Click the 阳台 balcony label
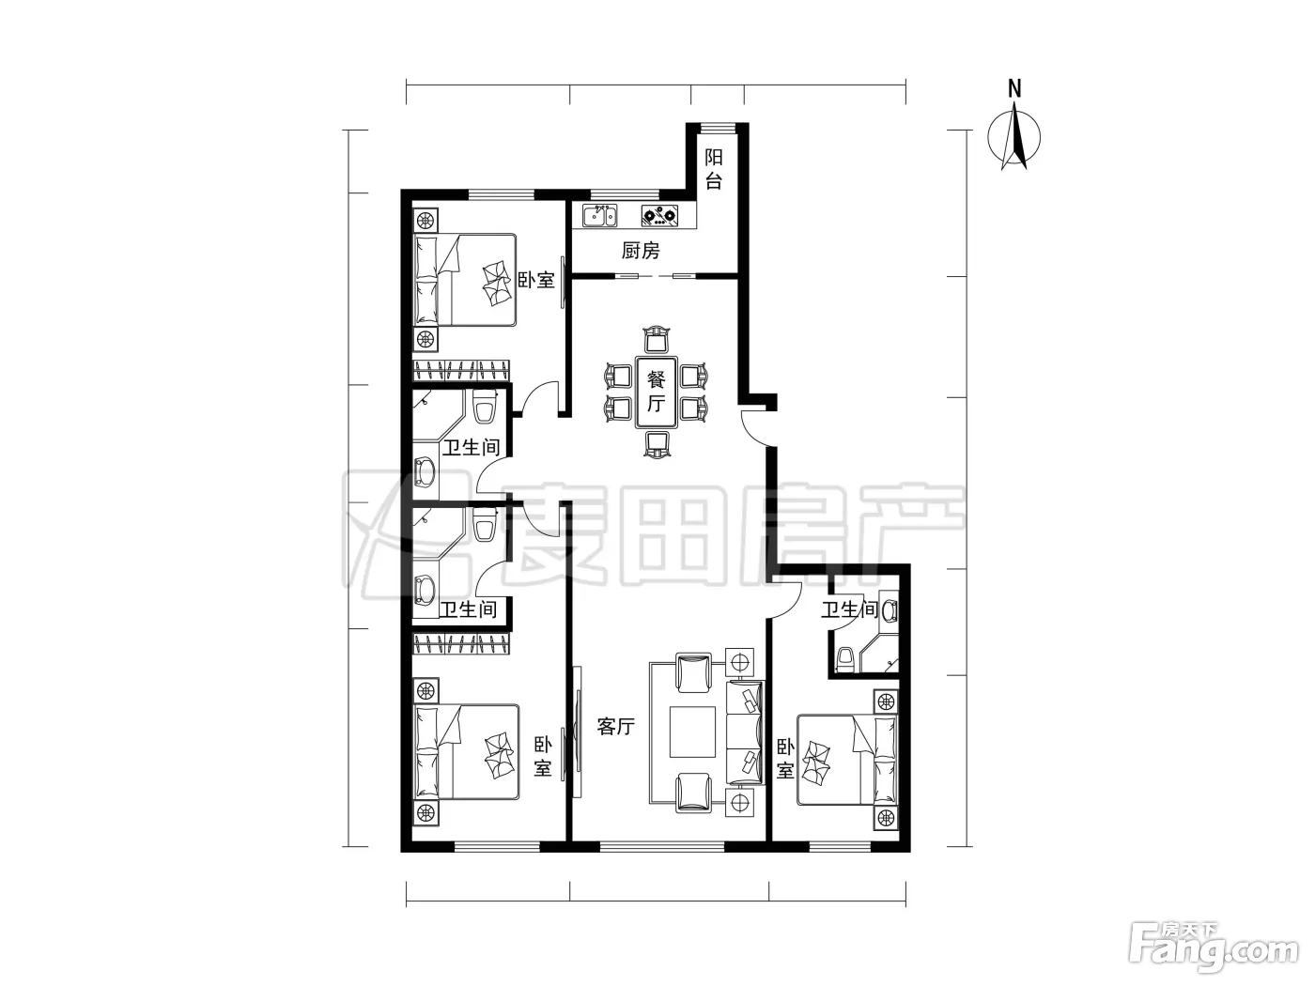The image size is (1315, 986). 713,169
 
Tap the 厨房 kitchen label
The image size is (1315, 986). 641,250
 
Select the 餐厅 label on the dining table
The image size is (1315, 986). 656,392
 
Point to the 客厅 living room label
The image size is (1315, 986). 616,726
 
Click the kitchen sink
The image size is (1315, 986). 599,216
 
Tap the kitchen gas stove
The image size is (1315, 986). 660,216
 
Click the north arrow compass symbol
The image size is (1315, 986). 1013,136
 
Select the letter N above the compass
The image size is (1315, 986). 1014,88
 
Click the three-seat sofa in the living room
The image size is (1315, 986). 745,732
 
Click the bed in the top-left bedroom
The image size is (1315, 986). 465,280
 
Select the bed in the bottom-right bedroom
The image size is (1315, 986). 847,760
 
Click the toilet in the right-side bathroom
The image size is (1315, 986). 845,658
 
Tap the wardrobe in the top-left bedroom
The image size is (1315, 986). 461,371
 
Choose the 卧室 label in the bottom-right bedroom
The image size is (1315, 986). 785,759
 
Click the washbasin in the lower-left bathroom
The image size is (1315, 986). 425,588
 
